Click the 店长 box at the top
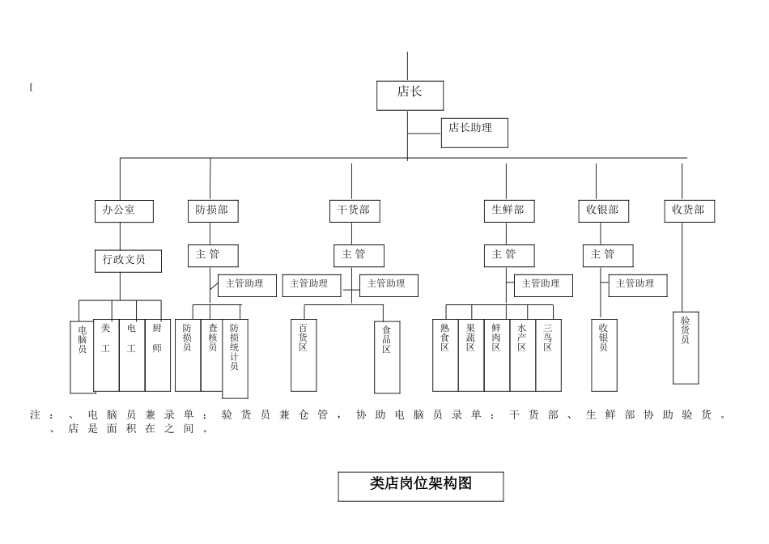(410, 95)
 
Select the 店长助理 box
(474, 133)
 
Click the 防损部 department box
(213, 210)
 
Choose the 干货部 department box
(354, 210)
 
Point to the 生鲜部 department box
(508, 210)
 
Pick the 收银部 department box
(602, 210)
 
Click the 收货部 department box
(689, 210)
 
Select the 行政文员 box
(128, 261)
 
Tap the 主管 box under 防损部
(213, 255)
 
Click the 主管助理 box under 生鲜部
(542, 285)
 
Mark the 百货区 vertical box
(304, 355)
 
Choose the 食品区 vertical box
(387, 356)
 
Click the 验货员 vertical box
(686, 347)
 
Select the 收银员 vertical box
(604, 355)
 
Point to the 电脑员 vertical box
(83, 356)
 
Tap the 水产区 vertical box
(522, 355)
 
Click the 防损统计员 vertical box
(235, 358)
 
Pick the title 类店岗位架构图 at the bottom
(420, 486)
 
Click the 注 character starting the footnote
(36, 415)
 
